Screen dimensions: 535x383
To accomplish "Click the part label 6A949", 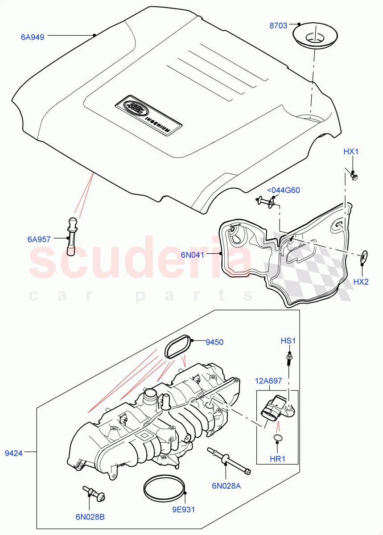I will (x=33, y=37).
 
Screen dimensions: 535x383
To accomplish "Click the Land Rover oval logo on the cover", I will (x=133, y=107).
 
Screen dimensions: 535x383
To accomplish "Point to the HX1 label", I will (x=351, y=152).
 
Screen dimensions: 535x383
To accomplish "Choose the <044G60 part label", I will (x=283, y=190).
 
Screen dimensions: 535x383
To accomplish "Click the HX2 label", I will (x=361, y=282).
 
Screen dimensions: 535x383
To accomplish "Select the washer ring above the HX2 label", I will (x=364, y=256).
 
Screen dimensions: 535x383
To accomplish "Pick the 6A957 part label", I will (x=40, y=239).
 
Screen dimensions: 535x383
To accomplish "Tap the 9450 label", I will (x=214, y=342).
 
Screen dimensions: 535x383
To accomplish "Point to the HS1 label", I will (x=288, y=341).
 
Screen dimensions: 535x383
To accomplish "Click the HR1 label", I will (x=277, y=459).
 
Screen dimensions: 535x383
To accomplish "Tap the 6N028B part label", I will (x=90, y=517).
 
